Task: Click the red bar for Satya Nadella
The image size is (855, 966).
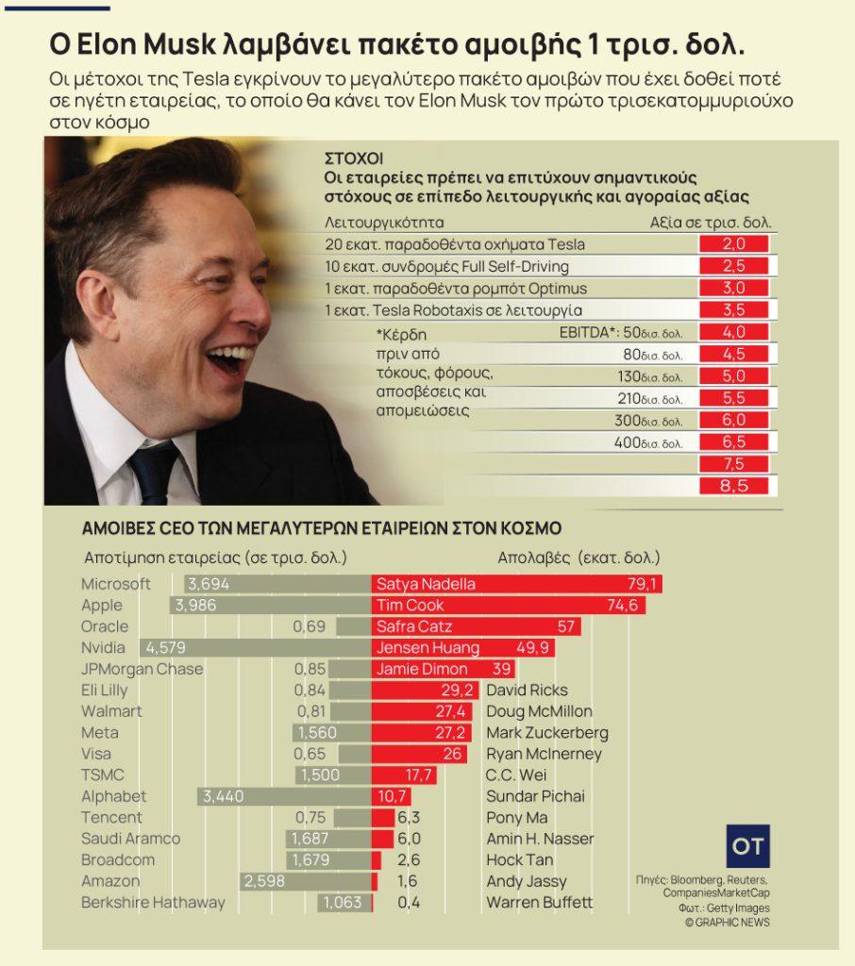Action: click(516, 584)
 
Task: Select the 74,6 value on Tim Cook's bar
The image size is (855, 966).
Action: click(623, 606)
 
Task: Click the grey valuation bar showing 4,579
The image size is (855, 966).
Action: click(255, 648)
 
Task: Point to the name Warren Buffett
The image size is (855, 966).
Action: click(539, 903)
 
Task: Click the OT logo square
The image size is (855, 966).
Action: click(748, 845)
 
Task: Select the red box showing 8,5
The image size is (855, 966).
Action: click(733, 486)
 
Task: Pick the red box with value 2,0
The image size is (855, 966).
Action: click(733, 244)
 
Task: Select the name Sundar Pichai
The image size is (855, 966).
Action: click(535, 796)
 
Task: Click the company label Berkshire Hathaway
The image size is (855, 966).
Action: click(153, 903)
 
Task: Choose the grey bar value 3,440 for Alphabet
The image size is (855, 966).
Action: click(224, 796)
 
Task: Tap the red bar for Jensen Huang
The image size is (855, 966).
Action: click(462, 648)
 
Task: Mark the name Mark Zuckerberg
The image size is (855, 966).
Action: click(546, 733)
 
